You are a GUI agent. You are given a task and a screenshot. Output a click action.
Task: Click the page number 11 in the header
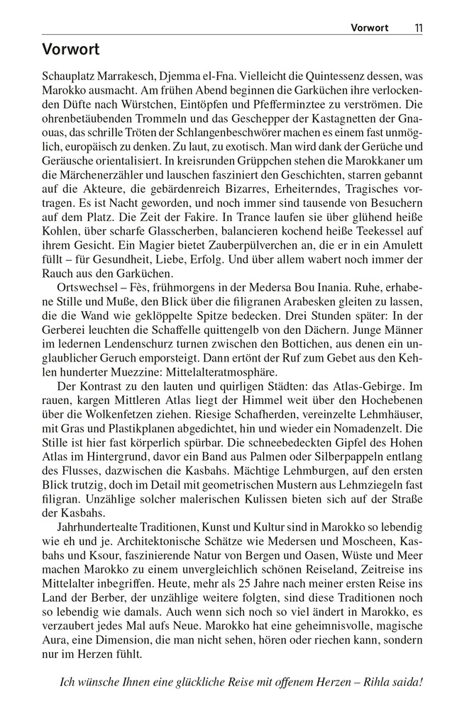tap(418, 28)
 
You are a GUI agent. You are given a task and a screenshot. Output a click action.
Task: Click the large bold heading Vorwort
tap(70, 50)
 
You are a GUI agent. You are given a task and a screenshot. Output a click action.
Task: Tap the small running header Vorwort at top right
tap(370, 28)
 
